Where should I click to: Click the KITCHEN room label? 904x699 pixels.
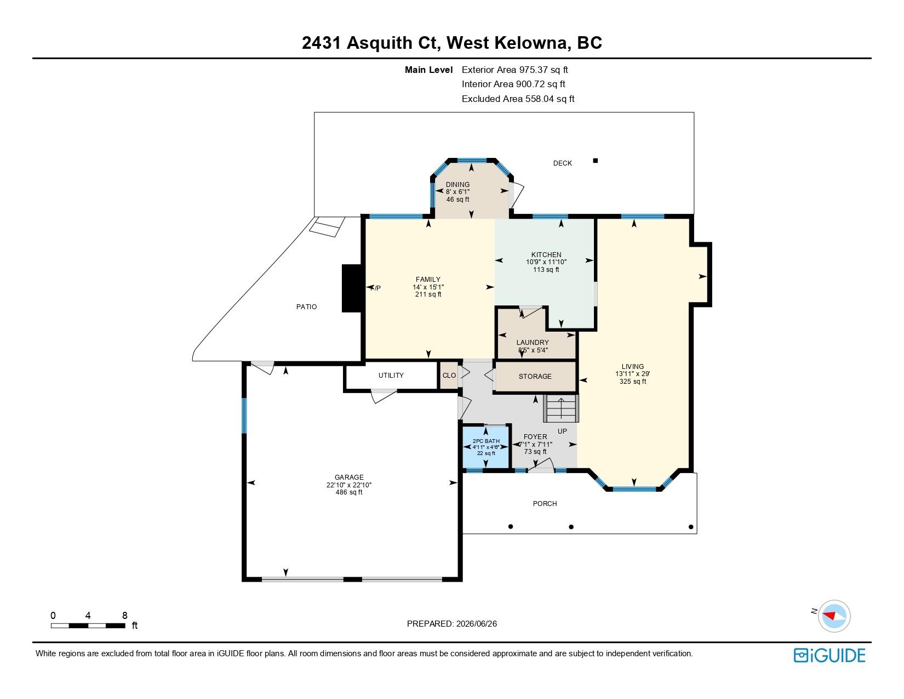coord(546,254)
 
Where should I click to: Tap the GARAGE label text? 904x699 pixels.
coord(348,477)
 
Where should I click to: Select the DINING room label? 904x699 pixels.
coord(457,184)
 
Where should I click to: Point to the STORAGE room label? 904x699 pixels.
coord(535,376)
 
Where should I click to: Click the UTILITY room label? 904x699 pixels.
coord(391,375)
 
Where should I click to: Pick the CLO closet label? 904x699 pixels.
coord(449,375)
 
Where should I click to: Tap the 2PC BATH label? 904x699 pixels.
coord(486,441)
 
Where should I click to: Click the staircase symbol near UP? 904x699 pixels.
coord(561,408)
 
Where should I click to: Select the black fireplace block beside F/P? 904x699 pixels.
coord(352,288)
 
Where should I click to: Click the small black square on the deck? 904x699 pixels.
coord(596,161)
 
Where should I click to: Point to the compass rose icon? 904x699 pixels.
coord(834,616)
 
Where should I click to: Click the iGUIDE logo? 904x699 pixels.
coord(829,655)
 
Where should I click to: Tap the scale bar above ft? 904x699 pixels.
coord(88,626)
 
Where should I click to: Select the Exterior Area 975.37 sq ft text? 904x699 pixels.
coord(514,70)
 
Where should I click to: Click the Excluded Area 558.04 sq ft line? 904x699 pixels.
coord(518,99)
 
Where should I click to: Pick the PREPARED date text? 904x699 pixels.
coord(452,624)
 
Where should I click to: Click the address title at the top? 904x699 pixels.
coord(452,43)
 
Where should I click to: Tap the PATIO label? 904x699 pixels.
coord(306,307)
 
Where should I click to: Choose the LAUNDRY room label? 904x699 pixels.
coord(533,342)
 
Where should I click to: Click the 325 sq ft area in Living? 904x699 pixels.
coord(632,382)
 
